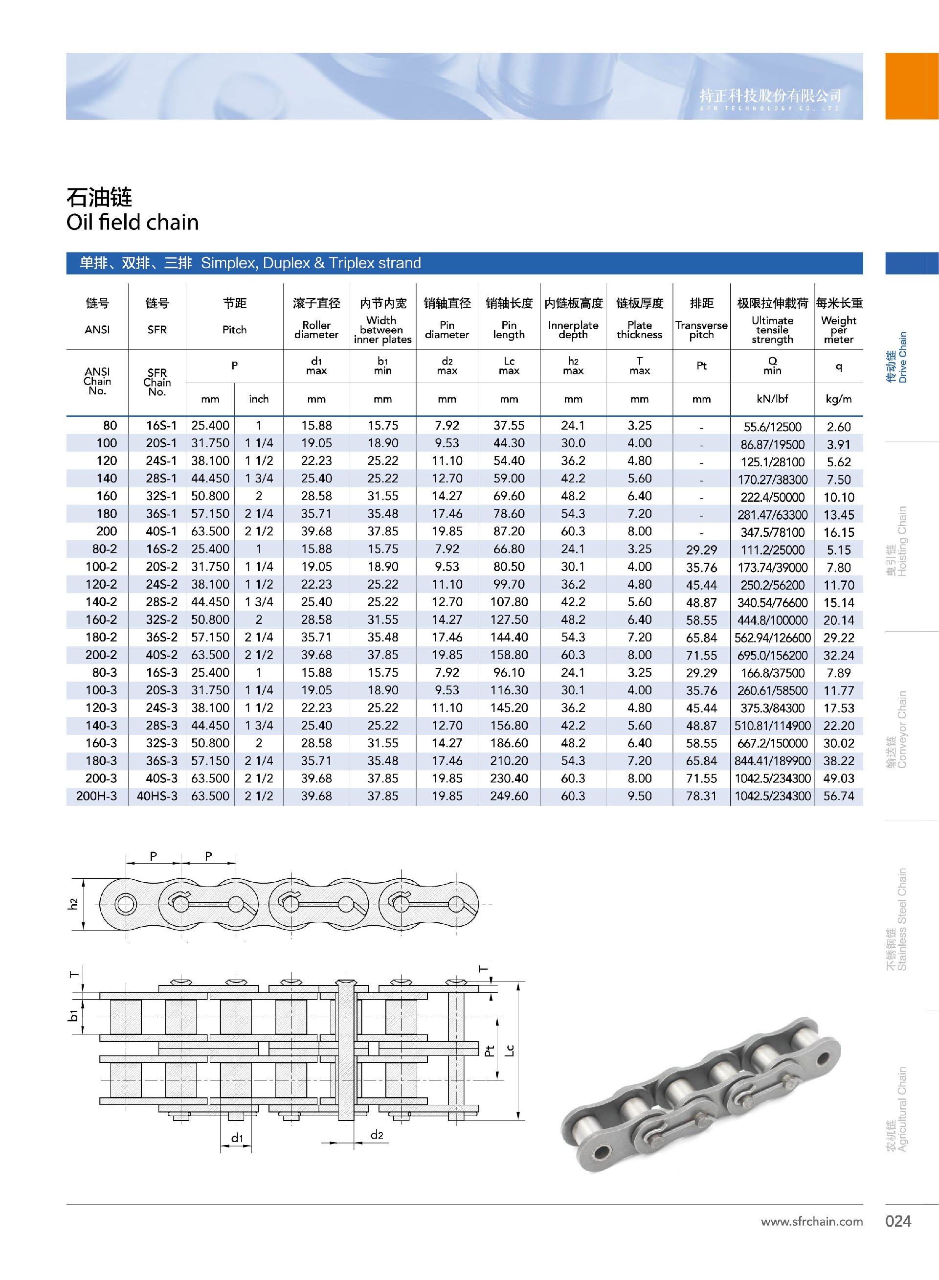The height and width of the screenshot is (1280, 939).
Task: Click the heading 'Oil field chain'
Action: tap(133, 222)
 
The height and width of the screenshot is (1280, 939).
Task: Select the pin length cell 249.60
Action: tap(509, 796)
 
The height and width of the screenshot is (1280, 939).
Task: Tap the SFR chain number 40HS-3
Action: tap(157, 796)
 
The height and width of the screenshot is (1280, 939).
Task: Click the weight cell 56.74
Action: tap(838, 796)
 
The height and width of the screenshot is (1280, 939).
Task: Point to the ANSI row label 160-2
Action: tap(101, 619)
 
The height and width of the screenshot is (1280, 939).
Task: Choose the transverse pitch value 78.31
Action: tap(701, 796)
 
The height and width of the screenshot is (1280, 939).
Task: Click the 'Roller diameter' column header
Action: tap(316, 330)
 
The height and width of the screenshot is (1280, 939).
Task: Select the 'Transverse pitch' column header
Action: tap(701, 330)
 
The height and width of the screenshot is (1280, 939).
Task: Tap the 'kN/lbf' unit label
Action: tap(772, 399)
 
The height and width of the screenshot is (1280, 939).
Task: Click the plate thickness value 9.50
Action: tap(640, 796)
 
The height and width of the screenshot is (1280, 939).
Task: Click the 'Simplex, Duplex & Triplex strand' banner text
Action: tap(311, 263)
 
